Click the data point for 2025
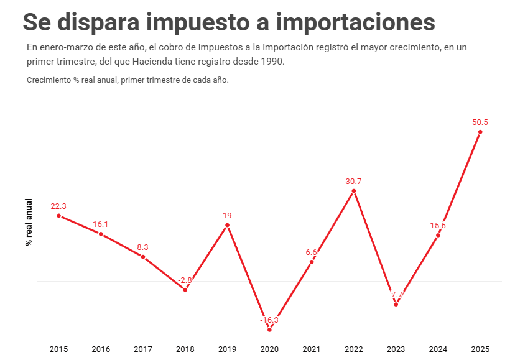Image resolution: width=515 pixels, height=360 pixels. [480, 132]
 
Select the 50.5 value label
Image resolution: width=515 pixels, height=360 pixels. [480, 122]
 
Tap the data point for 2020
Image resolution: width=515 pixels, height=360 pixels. [269, 330]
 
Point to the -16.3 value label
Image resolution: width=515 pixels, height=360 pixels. [269, 320]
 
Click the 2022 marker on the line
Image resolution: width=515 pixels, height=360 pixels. [353, 191]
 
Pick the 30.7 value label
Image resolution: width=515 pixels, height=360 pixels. [353, 182]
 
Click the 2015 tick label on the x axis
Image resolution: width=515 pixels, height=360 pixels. [58, 349]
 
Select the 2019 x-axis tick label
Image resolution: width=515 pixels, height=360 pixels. [227, 349]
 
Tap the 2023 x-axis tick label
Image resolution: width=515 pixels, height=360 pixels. [396, 349]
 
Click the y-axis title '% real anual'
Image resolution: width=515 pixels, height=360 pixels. [29, 222]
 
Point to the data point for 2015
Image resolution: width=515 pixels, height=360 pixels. [58, 216]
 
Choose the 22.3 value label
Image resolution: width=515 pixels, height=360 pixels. [58, 206]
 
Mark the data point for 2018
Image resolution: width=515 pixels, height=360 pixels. [185, 290]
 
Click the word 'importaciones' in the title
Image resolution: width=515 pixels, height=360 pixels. [355, 22]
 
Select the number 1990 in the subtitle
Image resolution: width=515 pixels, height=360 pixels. [271, 62]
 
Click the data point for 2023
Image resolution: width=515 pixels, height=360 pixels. [396, 304]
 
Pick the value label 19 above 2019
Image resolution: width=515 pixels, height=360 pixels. [227, 216]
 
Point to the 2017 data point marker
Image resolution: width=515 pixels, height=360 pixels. [143, 257]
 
